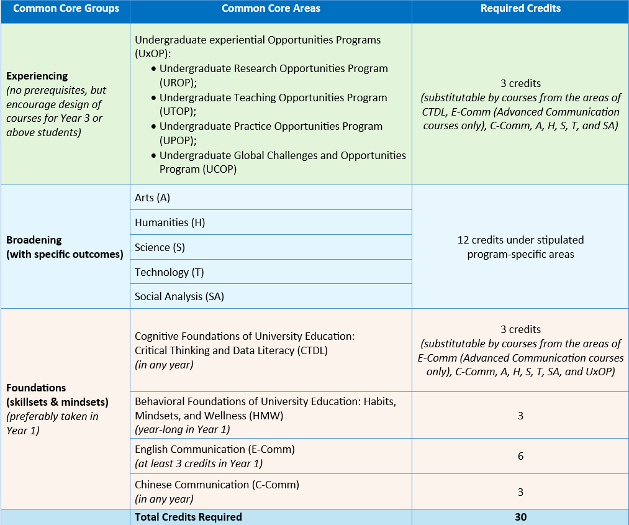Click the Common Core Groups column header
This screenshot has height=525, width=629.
(x=66, y=9)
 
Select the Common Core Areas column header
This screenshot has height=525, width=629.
(x=271, y=9)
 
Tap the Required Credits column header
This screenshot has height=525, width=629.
(x=520, y=9)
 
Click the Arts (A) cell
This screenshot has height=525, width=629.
(x=152, y=198)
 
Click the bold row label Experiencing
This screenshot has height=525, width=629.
(x=37, y=76)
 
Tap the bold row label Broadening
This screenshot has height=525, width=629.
(x=34, y=240)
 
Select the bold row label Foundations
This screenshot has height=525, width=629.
(x=36, y=388)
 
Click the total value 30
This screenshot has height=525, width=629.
(x=520, y=517)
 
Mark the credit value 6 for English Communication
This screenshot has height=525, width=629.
(x=520, y=456)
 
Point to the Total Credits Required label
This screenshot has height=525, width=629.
(x=188, y=517)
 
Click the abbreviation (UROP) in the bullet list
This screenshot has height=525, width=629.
(x=178, y=83)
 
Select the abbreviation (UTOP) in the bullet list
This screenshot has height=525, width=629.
(x=178, y=112)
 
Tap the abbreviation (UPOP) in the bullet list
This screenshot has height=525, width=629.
(x=178, y=140)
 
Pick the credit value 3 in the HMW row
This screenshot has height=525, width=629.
(x=520, y=415)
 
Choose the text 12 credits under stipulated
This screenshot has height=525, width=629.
(x=520, y=240)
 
